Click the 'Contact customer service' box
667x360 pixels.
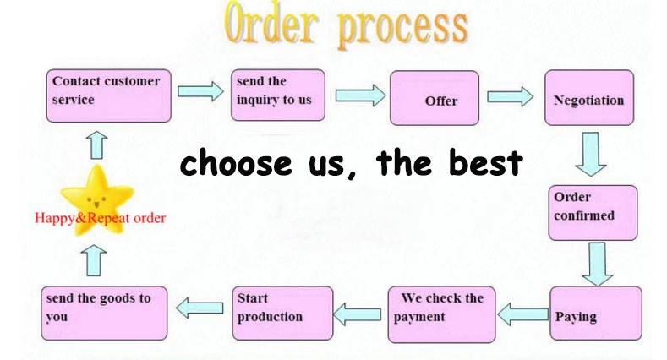tap(108, 95)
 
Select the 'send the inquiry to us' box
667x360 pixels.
tap(279, 95)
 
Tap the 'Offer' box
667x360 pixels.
tap(434, 99)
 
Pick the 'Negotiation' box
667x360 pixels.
tap(589, 99)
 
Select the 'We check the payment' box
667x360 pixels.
tap(440, 314)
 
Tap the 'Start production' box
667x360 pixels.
tap(283, 314)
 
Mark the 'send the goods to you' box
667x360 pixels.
tap(104, 314)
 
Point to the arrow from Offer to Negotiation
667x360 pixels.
tap(511, 95)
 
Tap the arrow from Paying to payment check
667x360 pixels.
tap(522, 315)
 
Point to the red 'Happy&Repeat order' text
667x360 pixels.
tap(100, 218)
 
